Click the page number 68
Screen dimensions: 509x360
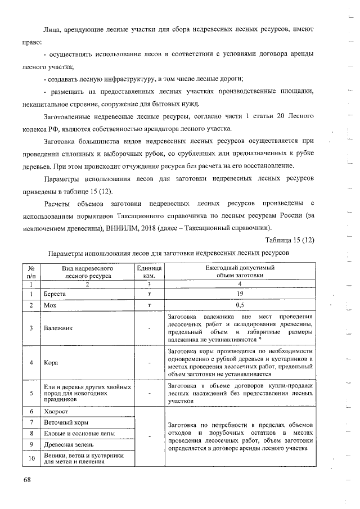click(26, 480)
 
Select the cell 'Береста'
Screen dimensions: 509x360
click(55, 294)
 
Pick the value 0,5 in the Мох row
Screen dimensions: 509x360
click(239, 305)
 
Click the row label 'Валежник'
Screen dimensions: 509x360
click(58, 328)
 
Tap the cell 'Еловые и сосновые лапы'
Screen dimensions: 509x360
click(80, 434)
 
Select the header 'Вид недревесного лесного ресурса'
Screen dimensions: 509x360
click(88, 272)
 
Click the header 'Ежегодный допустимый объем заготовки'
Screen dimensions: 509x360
click(239, 272)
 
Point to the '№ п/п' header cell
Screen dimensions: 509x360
click(31, 272)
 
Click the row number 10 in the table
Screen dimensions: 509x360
click(31, 459)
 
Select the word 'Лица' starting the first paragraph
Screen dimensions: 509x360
click(52, 28)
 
